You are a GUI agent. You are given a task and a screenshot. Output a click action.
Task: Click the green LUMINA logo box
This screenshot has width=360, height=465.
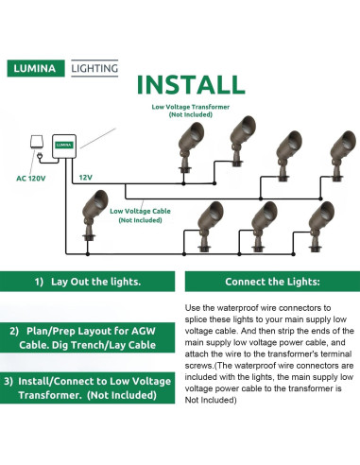coord(36,68)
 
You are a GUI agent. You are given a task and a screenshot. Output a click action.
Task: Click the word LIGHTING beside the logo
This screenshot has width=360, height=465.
coord(94,68)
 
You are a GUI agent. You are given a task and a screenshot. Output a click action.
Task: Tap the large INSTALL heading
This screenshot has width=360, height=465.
coord(191,84)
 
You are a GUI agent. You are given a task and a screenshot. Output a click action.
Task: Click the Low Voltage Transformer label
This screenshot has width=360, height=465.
coord(191,111)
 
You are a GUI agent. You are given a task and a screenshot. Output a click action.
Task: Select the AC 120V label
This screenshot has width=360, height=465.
coord(31,179)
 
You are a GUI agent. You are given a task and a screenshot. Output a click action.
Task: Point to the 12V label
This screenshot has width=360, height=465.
coord(86,178)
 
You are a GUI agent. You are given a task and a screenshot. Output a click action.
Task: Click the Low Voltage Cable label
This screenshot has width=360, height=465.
coord(140,215)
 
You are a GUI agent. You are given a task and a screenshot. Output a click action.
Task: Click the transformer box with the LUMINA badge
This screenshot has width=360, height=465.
coord(64,146)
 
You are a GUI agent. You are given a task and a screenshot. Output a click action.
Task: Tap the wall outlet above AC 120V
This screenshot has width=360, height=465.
coord(37,142)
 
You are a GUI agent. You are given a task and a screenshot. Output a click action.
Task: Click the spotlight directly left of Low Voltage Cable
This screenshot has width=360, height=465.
coord(93,215)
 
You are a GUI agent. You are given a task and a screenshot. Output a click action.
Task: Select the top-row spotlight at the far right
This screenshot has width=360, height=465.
coord(342,155)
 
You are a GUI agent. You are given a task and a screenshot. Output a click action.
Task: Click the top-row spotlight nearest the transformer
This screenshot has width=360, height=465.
coord(190,147)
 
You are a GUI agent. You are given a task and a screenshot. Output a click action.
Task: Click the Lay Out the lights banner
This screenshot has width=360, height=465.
coord(87,282)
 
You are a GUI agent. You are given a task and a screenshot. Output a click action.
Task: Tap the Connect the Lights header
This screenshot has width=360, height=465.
coord(272,282)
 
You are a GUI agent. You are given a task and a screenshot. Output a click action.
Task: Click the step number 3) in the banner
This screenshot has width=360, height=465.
coord(9,381)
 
